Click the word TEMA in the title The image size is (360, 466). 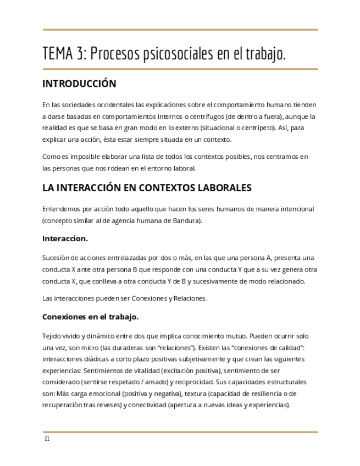coord(58,54)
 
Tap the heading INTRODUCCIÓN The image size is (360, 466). coord(79,84)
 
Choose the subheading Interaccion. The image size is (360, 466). coord(65,239)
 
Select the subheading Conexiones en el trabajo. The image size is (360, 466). coord(90,317)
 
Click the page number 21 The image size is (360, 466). coord(47,439)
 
